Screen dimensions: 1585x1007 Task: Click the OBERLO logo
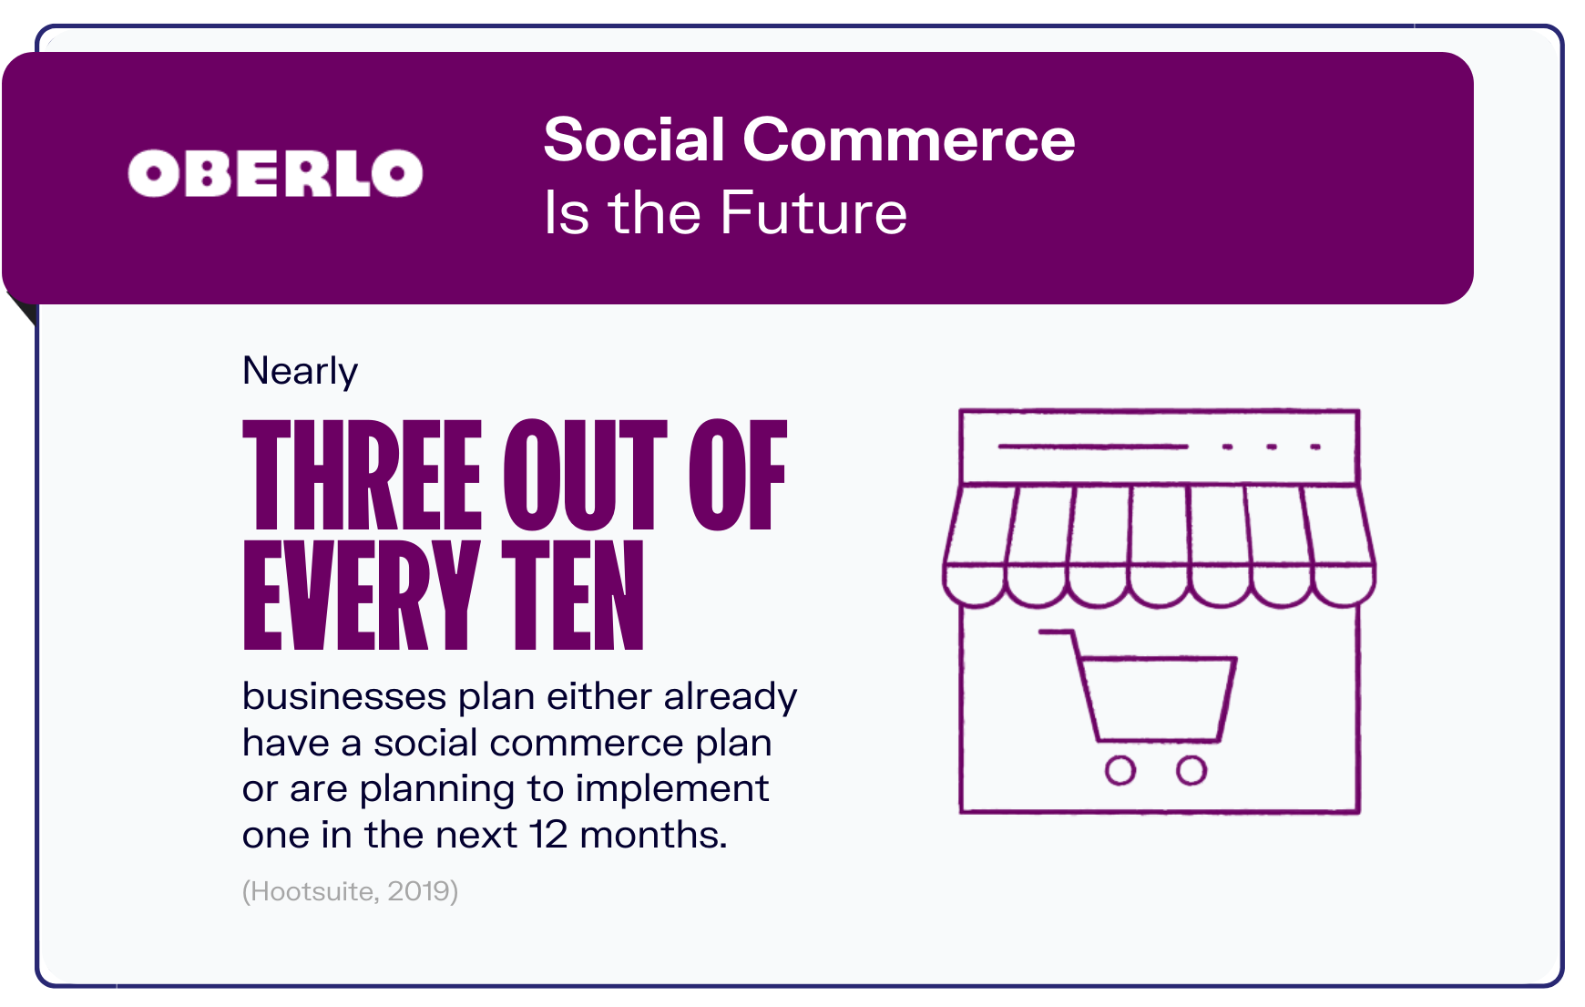(275, 173)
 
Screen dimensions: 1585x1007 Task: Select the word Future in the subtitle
(813, 213)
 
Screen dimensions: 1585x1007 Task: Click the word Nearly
(300, 371)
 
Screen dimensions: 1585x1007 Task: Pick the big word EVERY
(362, 594)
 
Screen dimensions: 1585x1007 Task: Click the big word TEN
(578, 594)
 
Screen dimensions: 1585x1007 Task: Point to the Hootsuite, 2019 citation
(350, 890)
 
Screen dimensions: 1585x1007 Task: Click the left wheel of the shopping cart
(1120, 770)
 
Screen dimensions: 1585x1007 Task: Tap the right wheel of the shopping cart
(1191, 770)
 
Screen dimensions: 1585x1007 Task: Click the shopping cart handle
(1057, 632)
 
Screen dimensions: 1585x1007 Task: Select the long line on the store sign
(1093, 447)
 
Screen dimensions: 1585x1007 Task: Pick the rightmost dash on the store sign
(1315, 447)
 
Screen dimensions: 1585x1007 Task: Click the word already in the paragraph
(731, 697)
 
